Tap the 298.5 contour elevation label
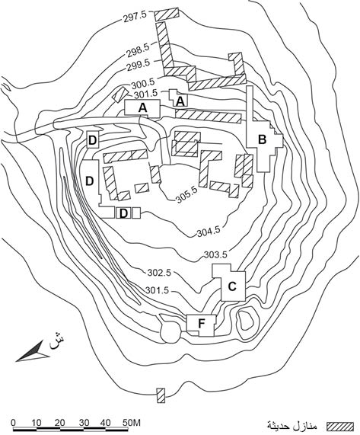[x=139, y=51]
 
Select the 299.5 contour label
[x=139, y=66]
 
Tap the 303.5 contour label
[x=215, y=254]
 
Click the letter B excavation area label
[x=262, y=139]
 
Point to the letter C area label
[x=232, y=286]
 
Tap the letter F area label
[x=201, y=323]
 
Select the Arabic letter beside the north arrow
[x=56, y=341]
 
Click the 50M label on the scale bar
[x=132, y=423]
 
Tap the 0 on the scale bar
[x=13, y=423]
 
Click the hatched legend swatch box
[x=340, y=426]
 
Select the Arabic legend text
[x=292, y=425]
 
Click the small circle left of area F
[x=170, y=333]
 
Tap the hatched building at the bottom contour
[x=161, y=395]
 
